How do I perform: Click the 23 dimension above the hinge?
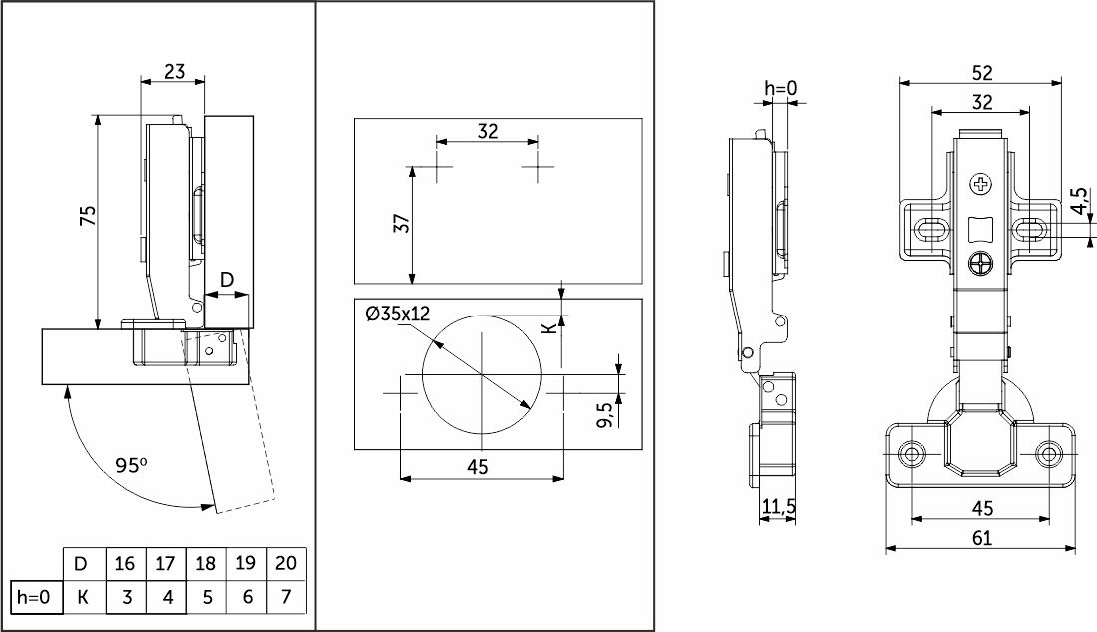click(x=174, y=71)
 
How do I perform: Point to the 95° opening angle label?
click(x=131, y=465)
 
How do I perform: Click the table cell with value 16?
click(x=125, y=563)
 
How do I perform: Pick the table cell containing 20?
click(x=285, y=563)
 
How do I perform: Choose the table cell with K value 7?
click(x=285, y=598)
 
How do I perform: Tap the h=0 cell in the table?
click(x=32, y=598)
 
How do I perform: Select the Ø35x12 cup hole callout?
click(x=397, y=314)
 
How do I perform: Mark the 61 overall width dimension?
click(x=981, y=538)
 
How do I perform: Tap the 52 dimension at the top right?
click(x=981, y=73)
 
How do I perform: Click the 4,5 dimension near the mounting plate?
click(x=1079, y=201)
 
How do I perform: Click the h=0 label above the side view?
click(x=781, y=89)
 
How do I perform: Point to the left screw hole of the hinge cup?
click(x=910, y=454)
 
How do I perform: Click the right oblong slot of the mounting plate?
click(x=1030, y=229)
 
